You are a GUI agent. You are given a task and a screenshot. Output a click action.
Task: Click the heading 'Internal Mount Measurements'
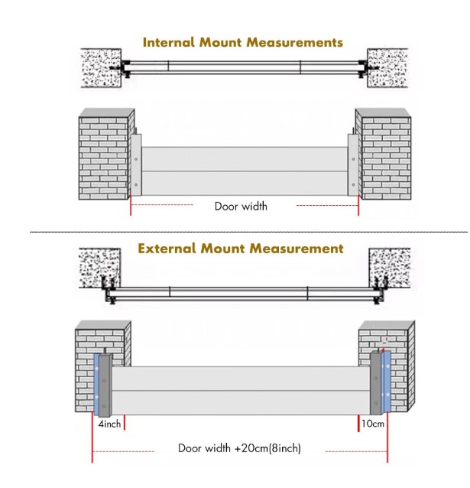[x=242, y=42]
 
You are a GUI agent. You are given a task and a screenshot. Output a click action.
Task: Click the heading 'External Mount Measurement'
[x=241, y=249]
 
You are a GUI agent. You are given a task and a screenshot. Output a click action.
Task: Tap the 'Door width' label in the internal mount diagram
[x=241, y=206]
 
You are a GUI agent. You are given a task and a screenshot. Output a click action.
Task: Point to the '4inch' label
[x=107, y=422]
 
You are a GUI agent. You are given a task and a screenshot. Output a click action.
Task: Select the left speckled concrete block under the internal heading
[x=99, y=68]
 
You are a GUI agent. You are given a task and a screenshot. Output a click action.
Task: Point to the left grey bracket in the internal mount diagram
[x=135, y=164]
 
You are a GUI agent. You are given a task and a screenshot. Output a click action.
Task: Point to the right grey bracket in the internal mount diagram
[x=352, y=164]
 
